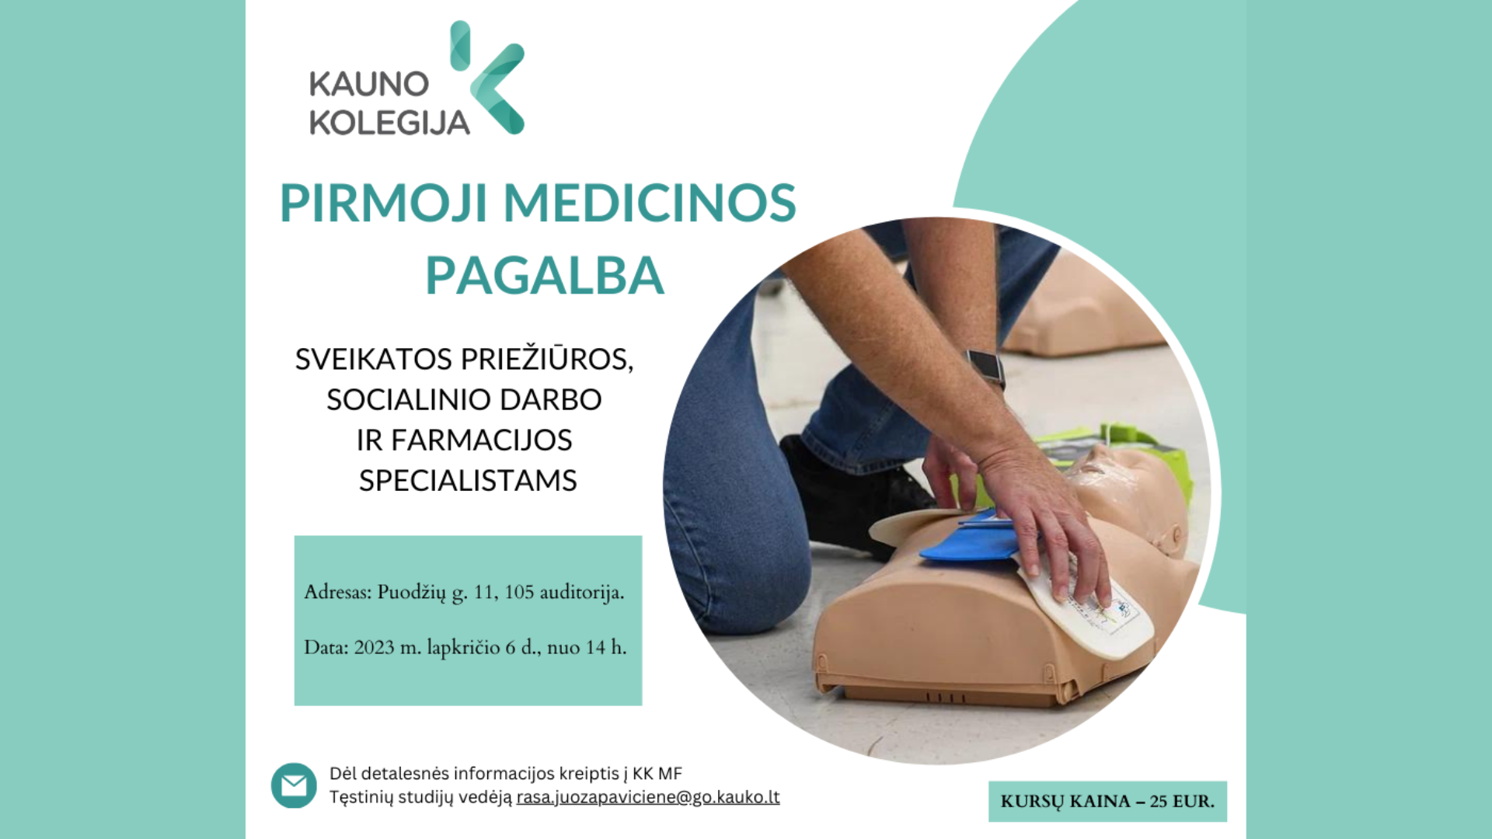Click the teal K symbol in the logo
pyautogui.click(x=487, y=78)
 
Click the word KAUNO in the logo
pyautogui.click(x=369, y=84)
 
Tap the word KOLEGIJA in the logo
pyautogui.click(x=389, y=123)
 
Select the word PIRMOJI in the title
pyautogui.click(x=384, y=204)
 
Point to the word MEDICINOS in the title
pyautogui.click(x=650, y=204)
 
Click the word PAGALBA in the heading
pyautogui.click(x=545, y=276)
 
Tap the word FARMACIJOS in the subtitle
pyautogui.click(x=481, y=440)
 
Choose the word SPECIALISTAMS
pyautogui.click(x=468, y=481)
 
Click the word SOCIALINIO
pyautogui.click(x=410, y=400)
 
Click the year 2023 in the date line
pyautogui.click(x=375, y=648)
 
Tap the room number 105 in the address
pyautogui.click(x=519, y=593)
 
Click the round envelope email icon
pyautogui.click(x=294, y=785)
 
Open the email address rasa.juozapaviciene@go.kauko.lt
pyautogui.click(x=648, y=797)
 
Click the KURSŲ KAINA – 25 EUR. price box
pyautogui.click(x=1107, y=802)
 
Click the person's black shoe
pyautogui.click(x=855, y=497)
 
